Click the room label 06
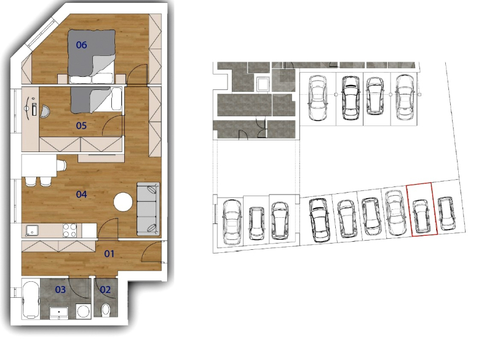81,45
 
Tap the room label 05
81,126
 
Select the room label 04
81,194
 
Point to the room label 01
109,254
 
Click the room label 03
60,290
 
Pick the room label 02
105,290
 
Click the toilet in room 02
106,310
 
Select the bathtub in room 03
31,300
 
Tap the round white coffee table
124,202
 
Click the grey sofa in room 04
148,209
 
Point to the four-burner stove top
69,230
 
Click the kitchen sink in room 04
32,231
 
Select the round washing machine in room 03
84,311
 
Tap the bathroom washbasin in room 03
59,313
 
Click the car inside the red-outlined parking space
421,217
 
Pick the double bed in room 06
92,56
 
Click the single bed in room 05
96,99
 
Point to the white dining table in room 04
39,166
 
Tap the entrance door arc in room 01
151,251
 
